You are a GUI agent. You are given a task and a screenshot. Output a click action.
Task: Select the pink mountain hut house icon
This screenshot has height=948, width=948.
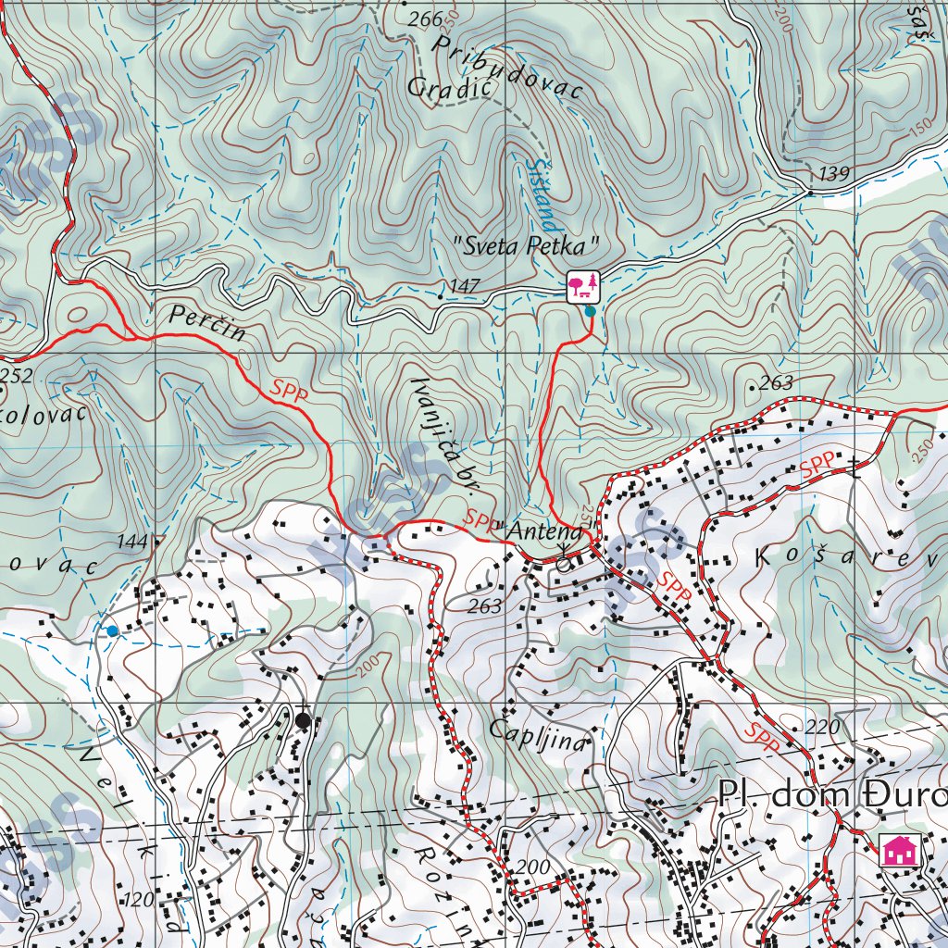(x=897, y=849)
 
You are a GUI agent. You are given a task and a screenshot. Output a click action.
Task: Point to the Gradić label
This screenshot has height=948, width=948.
(x=446, y=88)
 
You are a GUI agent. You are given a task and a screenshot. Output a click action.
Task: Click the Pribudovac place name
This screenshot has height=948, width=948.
(x=508, y=68)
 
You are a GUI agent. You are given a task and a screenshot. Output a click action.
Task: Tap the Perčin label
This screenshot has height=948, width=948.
(x=208, y=323)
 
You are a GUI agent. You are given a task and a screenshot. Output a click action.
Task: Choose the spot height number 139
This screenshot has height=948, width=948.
(x=833, y=173)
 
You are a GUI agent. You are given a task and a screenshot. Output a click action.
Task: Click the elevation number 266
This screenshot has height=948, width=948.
(x=425, y=19)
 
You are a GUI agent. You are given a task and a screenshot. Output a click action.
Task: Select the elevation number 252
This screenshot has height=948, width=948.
(x=16, y=376)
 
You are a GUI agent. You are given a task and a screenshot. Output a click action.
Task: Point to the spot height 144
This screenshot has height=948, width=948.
(x=132, y=541)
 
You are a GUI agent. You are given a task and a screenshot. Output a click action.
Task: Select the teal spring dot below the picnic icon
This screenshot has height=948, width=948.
(x=590, y=312)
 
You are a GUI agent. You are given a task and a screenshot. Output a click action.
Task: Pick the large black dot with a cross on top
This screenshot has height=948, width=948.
(x=303, y=719)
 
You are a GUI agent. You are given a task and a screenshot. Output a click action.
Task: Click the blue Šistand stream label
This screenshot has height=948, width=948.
(x=541, y=193)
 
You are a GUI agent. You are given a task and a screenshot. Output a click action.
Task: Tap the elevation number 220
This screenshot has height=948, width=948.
(x=822, y=727)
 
